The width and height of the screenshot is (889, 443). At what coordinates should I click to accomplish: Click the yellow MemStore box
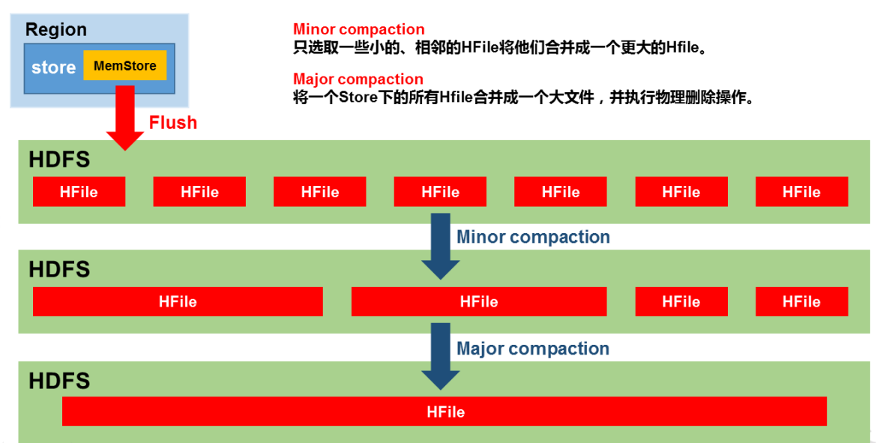tap(124, 66)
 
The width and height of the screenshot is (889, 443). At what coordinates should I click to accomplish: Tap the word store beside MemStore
tap(53, 67)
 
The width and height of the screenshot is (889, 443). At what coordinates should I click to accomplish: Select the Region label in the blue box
tap(56, 30)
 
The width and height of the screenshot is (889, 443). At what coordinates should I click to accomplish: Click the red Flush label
tap(172, 123)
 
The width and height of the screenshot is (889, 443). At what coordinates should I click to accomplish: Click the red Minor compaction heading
tap(358, 30)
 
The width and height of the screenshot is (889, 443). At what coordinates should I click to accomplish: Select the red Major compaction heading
tap(358, 79)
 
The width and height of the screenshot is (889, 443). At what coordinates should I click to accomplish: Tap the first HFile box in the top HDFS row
tap(79, 192)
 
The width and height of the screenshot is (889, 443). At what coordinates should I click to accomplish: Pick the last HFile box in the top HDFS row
tap(801, 192)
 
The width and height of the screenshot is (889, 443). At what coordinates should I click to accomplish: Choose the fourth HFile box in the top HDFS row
tap(440, 192)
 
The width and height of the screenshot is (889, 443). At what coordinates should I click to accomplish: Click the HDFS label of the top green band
tap(59, 160)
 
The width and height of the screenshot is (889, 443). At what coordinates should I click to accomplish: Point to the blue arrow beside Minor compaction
tap(440, 247)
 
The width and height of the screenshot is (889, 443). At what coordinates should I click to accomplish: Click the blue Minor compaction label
tap(533, 238)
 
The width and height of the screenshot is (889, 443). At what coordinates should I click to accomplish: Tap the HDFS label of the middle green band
tap(59, 270)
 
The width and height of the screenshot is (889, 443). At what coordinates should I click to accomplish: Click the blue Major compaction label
tap(533, 349)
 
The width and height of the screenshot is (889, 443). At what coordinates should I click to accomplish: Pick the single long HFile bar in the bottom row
tap(444, 412)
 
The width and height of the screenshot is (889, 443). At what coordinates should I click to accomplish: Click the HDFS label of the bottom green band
tap(59, 381)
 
